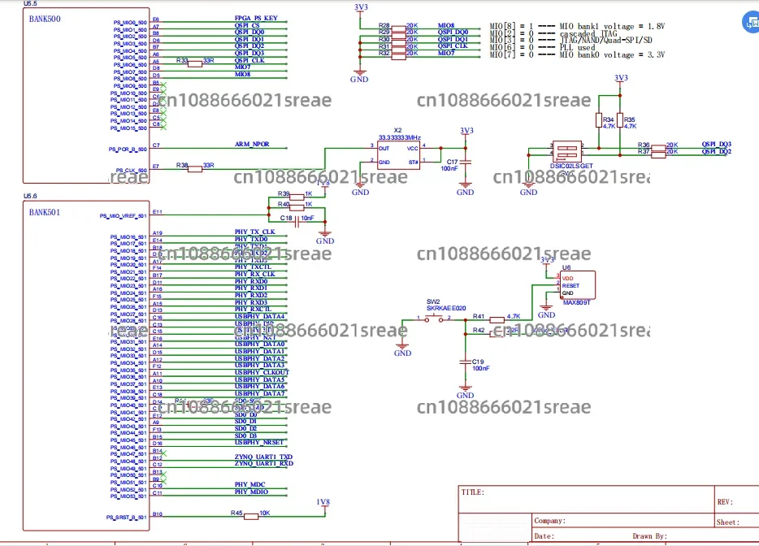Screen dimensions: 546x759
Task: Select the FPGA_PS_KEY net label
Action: point(256,19)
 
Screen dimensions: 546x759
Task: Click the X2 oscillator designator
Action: point(397,130)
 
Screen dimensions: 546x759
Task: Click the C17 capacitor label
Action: point(453,162)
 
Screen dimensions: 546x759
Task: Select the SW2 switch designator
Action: point(434,301)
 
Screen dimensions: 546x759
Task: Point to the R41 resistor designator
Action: point(479,316)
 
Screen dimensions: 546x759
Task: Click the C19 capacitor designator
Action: point(478,361)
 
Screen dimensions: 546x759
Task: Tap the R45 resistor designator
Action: point(236,513)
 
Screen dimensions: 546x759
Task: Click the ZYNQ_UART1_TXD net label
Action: point(263,457)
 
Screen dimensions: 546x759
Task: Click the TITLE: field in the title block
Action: point(473,492)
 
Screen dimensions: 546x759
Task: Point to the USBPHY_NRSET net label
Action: point(259,442)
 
